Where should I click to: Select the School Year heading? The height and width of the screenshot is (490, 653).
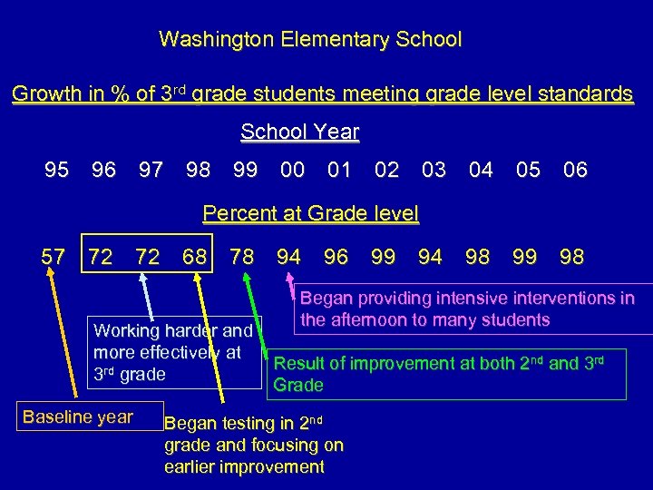[299, 132]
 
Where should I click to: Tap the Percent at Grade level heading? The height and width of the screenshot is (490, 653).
[310, 214]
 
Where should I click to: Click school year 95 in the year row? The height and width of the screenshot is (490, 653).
[56, 170]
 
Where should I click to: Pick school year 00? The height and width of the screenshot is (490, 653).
[292, 170]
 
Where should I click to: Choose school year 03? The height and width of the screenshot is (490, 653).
[434, 170]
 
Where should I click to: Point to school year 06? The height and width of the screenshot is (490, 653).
[575, 170]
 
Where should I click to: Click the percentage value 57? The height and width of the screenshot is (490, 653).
[54, 257]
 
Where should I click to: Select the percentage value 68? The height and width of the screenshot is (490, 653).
[193, 257]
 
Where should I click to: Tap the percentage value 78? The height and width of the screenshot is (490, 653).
[242, 257]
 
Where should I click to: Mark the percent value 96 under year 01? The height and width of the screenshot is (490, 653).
[336, 257]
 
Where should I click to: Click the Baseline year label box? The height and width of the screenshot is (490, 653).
[78, 417]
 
